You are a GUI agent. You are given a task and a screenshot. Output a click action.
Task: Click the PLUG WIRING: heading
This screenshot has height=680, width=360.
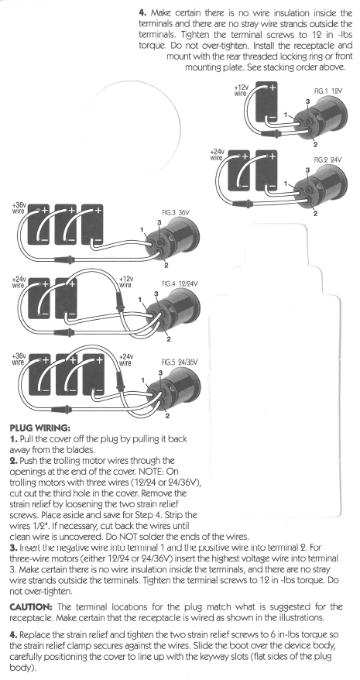coord(40,427)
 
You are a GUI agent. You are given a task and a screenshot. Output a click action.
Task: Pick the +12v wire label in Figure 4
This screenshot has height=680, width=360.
coord(127,281)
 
